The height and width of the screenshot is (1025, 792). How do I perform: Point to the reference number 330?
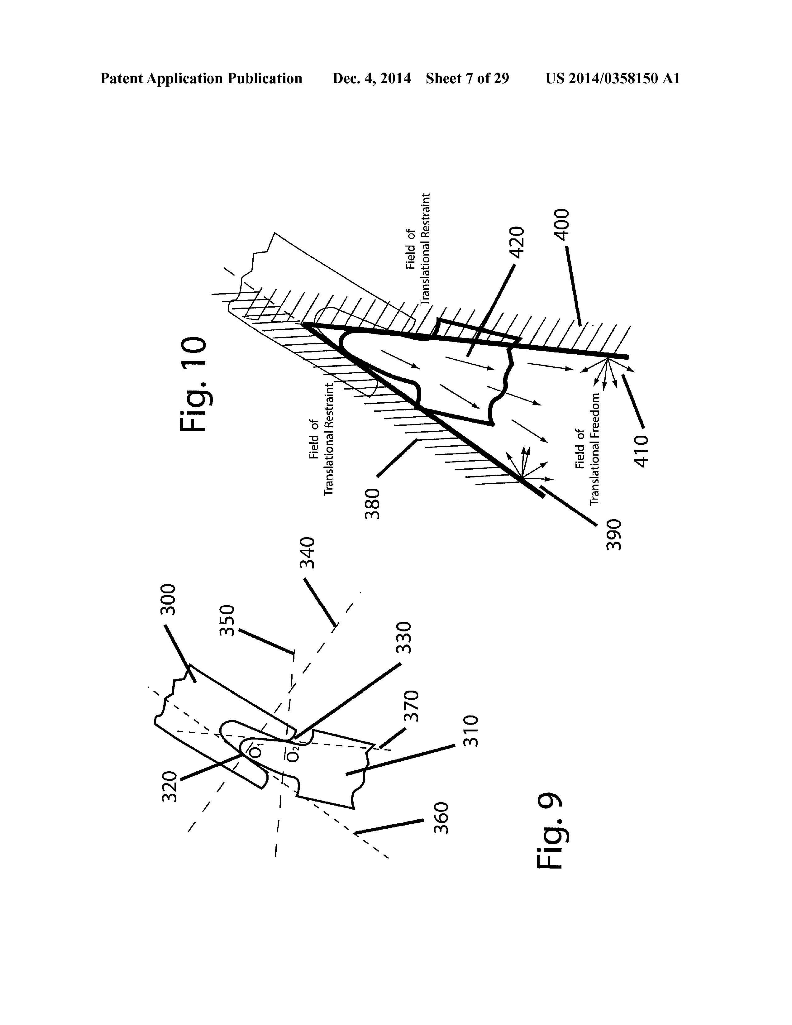(404, 638)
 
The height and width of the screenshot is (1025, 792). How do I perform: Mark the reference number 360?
(441, 817)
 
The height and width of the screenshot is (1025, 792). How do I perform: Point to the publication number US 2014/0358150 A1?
(612, 78)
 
